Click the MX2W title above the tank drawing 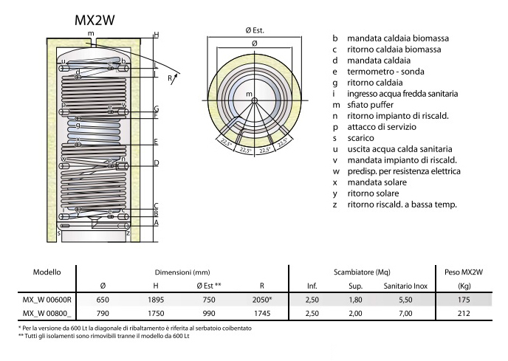pos(95,20)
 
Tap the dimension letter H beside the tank pos(157,35)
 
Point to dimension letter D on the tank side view pos(156,162)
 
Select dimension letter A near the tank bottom pos(156,223)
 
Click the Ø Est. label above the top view pos(255,30)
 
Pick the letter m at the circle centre pos(249,94)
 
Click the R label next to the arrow pos(170,78)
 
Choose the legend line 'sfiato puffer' pos(371,105)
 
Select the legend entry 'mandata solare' pos(377,182)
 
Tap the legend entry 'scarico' pos(360,138)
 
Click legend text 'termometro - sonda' pos(385,72)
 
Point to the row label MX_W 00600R pos(47,300)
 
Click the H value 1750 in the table pos(156,313)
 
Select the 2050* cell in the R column pos(262,300)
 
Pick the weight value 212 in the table pos(464,313)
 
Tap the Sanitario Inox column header pos(405,286)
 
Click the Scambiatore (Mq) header pos(362,272)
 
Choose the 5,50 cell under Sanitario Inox pos(405,300)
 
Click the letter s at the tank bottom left pos(59,233)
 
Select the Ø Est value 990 pos(209,313)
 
